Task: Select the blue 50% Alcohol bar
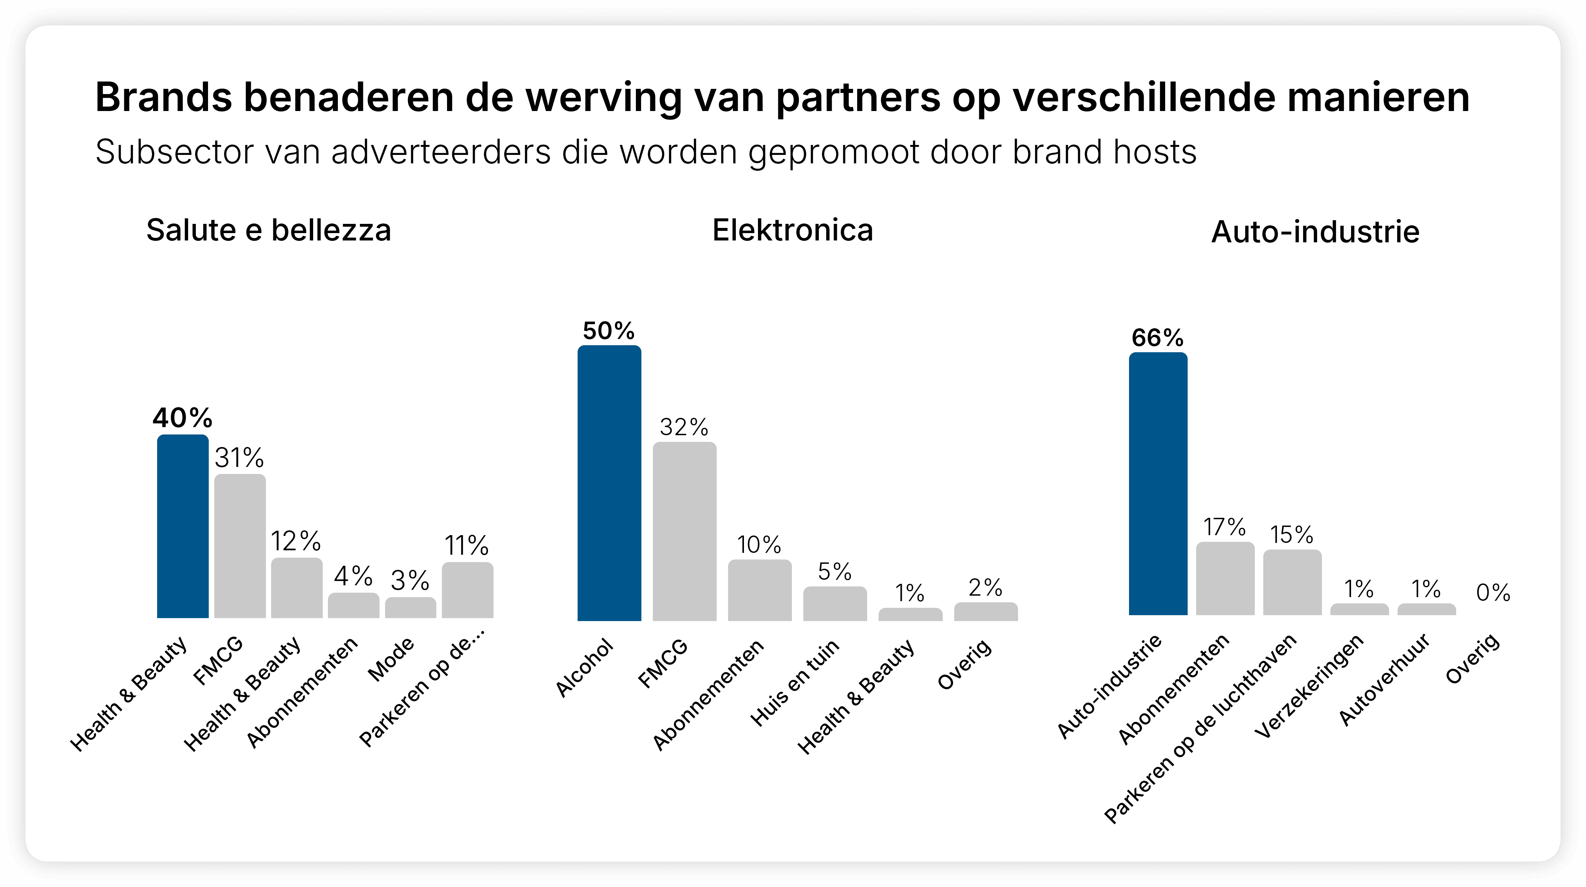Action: [609, 483]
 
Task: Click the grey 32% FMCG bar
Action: [684, 531]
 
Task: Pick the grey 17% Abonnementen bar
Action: [1225, 579]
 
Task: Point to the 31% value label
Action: [239, 458]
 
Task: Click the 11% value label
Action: [467, 545]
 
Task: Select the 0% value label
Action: [1493, 593]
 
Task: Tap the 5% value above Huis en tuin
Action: [834, 572]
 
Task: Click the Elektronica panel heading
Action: [792, 230]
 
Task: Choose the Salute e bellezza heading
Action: [269, 230]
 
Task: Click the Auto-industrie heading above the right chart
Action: [1315, 232]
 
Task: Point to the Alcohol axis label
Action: [584, 668]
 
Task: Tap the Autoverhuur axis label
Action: [1384, 680]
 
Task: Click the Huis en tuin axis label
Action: [794, 683]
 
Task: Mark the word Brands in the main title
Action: [163, 97]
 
